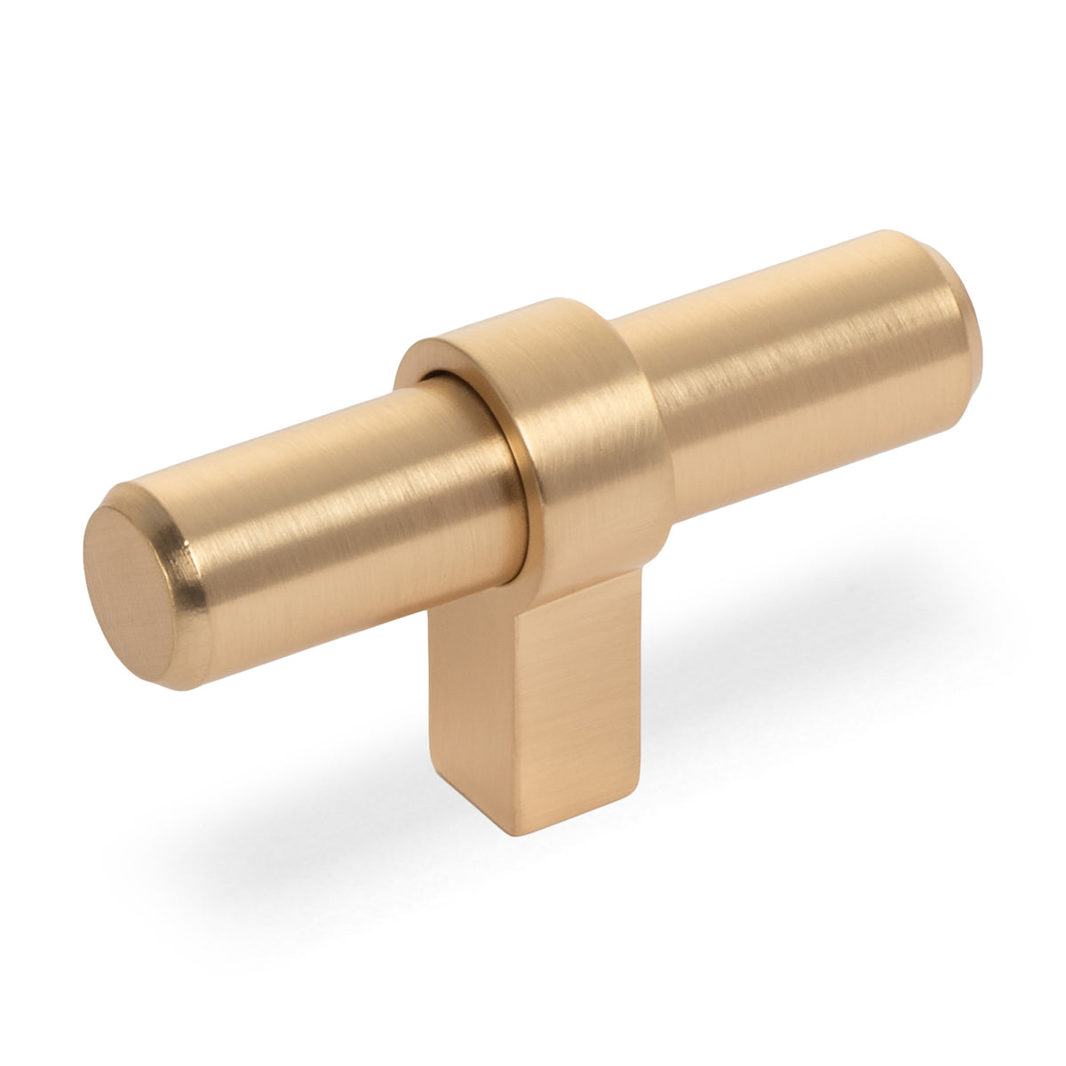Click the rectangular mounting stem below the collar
click(542, 702)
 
